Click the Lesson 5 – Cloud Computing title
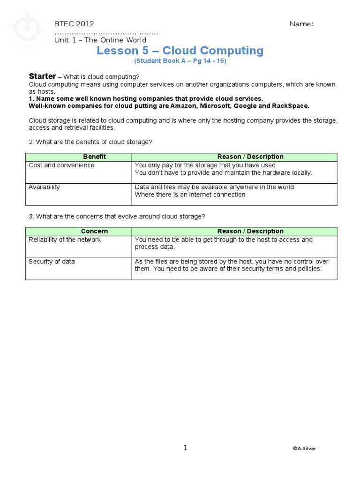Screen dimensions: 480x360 pos(180,51)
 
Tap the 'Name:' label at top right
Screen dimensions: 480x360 pos(301,24)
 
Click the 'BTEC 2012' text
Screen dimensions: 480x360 pos(74,24)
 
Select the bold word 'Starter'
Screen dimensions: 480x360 pos(42,76)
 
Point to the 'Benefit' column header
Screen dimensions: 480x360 pos(94,157)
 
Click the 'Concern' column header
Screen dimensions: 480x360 pos(94,231)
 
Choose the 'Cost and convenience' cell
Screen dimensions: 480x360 pos(61,165)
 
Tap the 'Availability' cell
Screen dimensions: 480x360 pos(45,187)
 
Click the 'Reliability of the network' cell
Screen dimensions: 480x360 pos(65,240)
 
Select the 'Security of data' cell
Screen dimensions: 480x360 pos(52,262)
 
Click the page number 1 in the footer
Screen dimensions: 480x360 pos(185,448)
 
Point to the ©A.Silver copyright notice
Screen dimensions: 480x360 pos(304,449)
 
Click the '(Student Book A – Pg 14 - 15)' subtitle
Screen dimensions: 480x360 pos(180,61)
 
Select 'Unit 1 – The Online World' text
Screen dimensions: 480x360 pos(100,40)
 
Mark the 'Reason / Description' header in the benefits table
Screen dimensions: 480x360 pos(250,157)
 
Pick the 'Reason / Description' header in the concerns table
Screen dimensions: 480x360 pos(250,231)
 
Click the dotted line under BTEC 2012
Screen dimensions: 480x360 pos(106,32)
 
